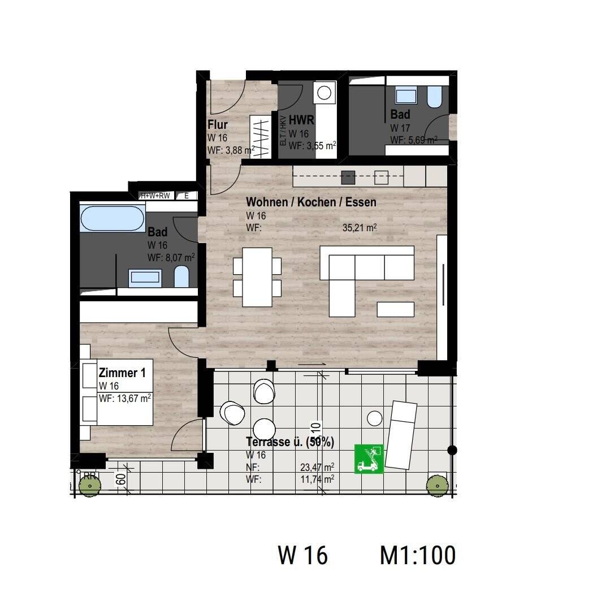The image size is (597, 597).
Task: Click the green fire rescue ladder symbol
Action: (x=369, y=458)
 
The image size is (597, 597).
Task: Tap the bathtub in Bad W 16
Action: (x=112, y=218)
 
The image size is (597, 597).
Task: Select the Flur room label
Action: (x=218, y=124)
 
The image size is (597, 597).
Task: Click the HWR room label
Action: (x=301, y=120)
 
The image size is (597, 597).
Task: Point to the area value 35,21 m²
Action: (x=360, y=228)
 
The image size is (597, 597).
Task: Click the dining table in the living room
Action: (x=257, y=277)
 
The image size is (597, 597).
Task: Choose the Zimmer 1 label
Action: (x=122, y=373)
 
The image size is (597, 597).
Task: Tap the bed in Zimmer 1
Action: (x=117, y=392)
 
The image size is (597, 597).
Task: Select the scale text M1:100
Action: (x=418, y=555)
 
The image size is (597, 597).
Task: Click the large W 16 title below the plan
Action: (x=302, y=555)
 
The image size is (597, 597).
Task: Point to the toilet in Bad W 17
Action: (x=434, y=97)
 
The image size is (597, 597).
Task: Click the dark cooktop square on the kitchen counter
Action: (x=349, y=177)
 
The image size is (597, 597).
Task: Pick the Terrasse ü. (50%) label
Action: (x=290, y=442)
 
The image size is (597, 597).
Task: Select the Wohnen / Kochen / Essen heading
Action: (x=311, y=202)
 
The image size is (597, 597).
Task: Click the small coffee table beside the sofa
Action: (x=396, y=309)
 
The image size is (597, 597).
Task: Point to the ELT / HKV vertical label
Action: (x=283, y=131)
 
